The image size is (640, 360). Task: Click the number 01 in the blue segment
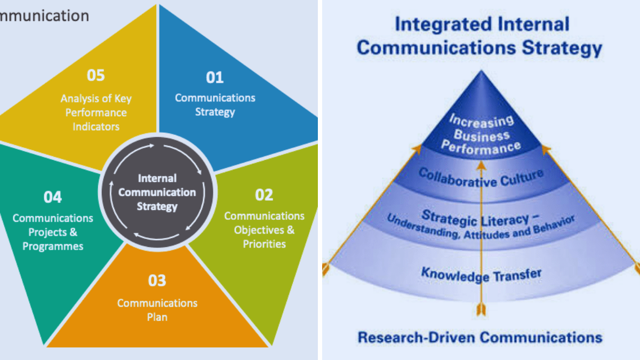click(215, 78)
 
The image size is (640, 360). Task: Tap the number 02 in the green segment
click(264, 195)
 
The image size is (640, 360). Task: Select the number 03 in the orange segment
click(157, 281)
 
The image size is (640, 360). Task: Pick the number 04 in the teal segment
click(53, 197)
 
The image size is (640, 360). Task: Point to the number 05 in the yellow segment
click(96, 75)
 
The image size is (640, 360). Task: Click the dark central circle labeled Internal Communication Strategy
click(157, 192)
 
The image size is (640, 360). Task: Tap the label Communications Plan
click(157, 310)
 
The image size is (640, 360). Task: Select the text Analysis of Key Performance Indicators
click(96, 113)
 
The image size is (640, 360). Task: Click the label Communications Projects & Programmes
click(53, 232)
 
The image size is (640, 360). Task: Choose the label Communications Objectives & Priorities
click(264, 230)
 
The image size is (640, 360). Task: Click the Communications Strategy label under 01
click(215, 105)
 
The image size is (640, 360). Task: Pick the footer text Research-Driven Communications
click(480, 337)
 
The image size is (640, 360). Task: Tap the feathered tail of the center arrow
click(481, 310)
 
